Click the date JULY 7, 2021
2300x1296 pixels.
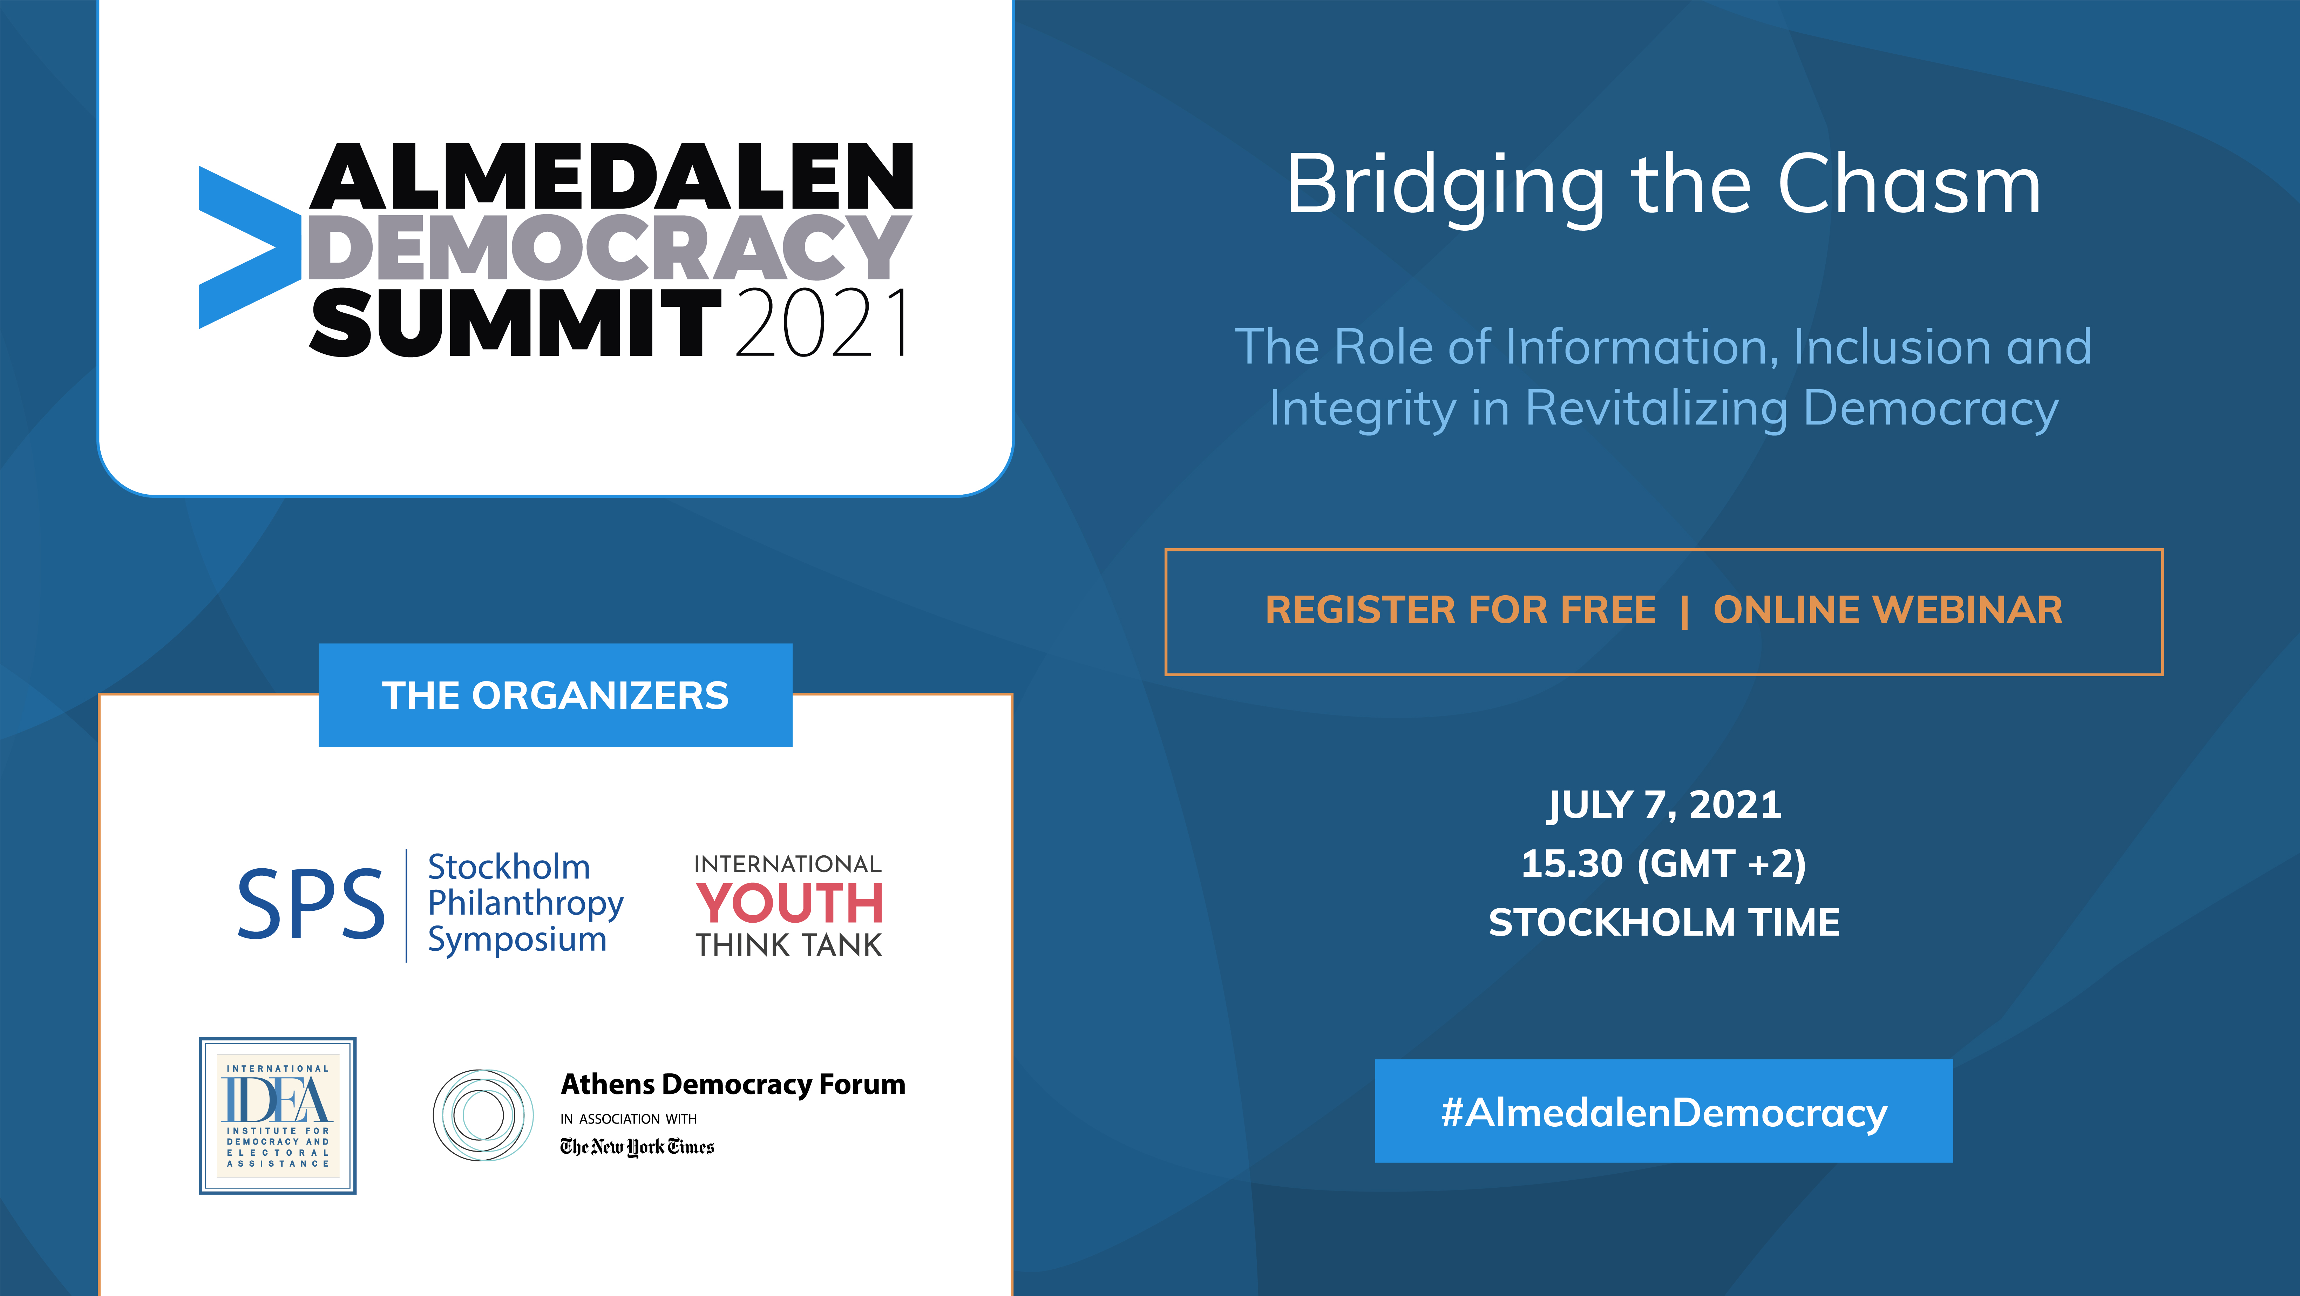click(1664, 805)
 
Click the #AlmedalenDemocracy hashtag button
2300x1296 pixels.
click(1663, 1111)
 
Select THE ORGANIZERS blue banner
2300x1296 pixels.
click(555, 695)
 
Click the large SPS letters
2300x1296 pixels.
click(311, 905)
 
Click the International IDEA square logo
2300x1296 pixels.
click(278, 1116)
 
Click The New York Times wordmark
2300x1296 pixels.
click(637, 1147)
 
